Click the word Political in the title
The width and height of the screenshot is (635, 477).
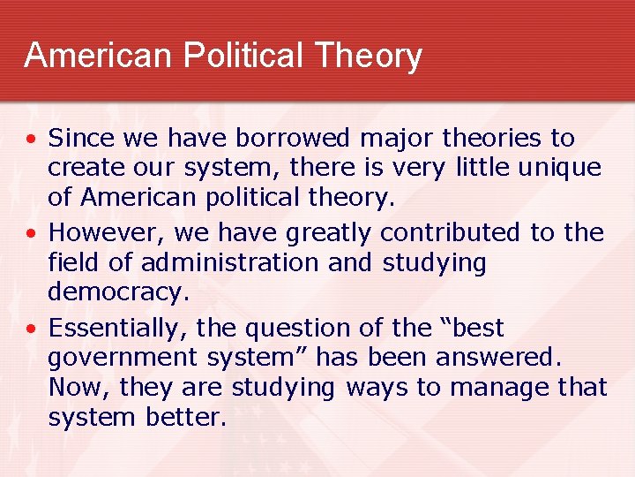pyautogui.click(x=238, y=56)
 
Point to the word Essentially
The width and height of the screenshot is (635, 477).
pyautogui.click(x=117, y=329)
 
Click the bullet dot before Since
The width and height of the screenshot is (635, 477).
pyautogui.click(x=32, y=140)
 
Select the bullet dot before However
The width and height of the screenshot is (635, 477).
pyautogui.click(x=32, y=234)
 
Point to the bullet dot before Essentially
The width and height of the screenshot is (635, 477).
pyautogui.click(x=32, y=329)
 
